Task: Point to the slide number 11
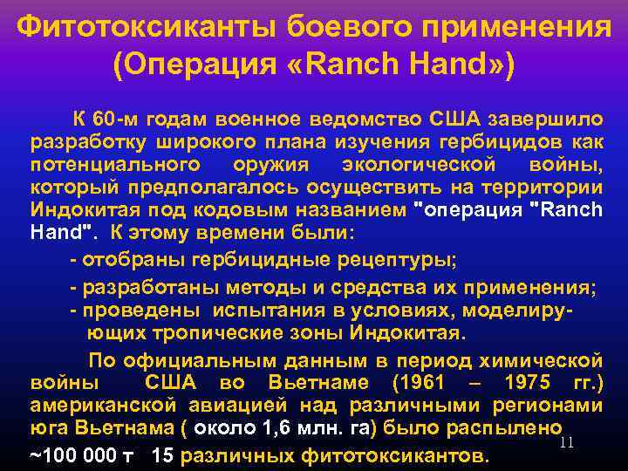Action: pyautogui.click(x=567, y=442)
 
